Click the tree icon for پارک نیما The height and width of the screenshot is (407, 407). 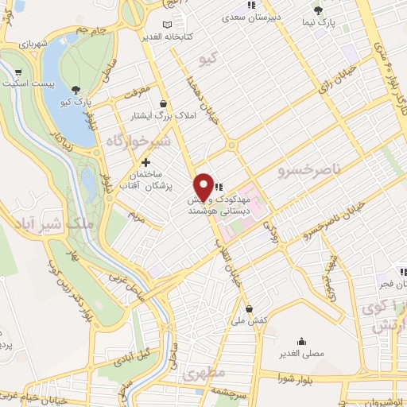[x=318, y=10]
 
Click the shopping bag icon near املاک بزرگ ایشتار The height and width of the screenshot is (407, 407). [x=164, y=103]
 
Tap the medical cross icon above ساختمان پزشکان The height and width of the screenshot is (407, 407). [x=145, y=162]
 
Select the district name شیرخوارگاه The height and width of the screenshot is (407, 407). [x=135, y=141]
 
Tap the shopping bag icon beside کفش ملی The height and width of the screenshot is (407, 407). [x=250, y=308]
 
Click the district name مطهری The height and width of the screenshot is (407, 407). [x=204, y=372]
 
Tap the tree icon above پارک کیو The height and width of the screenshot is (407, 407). [x=76, y=90]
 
